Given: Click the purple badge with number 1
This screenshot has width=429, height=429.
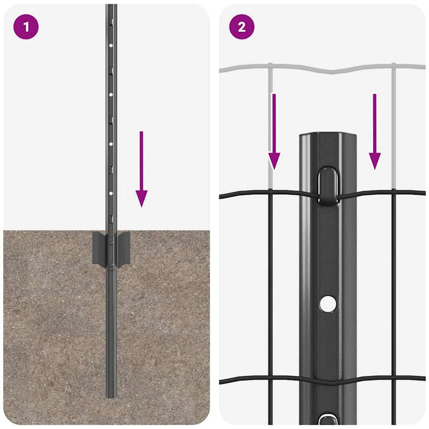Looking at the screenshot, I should (26, 27).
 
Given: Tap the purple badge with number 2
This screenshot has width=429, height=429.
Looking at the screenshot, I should (241, 27).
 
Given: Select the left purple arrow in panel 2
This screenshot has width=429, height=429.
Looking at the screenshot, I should (275, 131).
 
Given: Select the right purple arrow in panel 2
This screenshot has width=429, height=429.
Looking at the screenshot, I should (375, 131).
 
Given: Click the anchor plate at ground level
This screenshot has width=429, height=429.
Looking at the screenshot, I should (111, 249).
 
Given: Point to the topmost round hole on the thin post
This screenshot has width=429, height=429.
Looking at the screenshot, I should (111, 45).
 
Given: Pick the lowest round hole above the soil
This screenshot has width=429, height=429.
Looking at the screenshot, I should (111, 193).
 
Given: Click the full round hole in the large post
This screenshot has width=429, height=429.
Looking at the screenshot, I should (328, 302).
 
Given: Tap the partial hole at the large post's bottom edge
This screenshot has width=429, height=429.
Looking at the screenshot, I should (328, 422).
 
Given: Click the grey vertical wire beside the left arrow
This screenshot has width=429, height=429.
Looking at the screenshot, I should (269, 123).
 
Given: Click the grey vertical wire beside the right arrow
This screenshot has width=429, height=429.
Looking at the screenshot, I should (393, 123).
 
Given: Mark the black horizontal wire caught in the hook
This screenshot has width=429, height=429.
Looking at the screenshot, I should (257, 194).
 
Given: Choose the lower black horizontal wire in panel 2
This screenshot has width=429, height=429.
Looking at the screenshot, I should (257, 381).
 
